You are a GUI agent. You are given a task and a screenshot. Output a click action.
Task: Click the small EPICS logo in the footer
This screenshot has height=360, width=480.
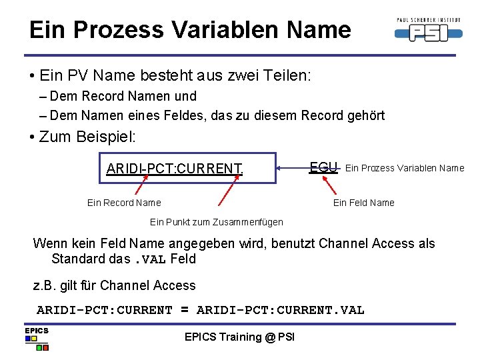(x=37, y=339)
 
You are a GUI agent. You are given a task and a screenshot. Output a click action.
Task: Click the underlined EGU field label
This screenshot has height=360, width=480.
(x=324, y=167)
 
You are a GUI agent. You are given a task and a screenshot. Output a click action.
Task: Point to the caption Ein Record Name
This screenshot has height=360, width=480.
(x=124, y=203)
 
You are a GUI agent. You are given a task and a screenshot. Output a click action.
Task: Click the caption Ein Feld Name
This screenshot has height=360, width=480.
(x=363, y=203)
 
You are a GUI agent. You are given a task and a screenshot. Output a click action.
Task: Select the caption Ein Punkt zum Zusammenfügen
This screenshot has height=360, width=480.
(x=216, y=222)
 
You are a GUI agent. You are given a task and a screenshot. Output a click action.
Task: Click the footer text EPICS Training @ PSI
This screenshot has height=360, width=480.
(x=239, y=337)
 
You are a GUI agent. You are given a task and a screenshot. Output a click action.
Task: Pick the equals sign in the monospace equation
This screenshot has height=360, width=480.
(x=184, y=310)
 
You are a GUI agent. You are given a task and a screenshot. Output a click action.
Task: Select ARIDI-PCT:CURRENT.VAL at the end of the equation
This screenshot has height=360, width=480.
(x=281, y=310)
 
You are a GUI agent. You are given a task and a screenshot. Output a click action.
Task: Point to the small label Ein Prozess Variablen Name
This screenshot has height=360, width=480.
(x=405, y=168)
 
